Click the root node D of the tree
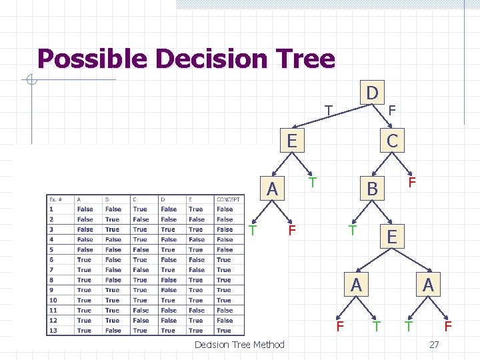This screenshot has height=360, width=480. tap(373, 91)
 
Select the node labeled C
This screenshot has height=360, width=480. tap(392, 140)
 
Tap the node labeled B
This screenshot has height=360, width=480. tap(372, 189)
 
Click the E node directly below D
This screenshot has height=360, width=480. tap(291, 141)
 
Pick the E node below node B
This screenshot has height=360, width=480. tap(392, 236)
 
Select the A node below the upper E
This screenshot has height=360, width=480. tap(272, 189)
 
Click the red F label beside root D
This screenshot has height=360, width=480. tap(392, 109)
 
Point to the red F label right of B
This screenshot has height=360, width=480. tap(412, 181)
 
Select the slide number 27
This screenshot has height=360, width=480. tap(434, 345)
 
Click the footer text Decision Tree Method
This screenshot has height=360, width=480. tap(239, 345)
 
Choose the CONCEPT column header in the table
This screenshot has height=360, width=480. tap(228, 199)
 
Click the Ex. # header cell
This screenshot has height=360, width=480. tap(56, 199)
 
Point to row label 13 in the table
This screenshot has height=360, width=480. tap(53, 330)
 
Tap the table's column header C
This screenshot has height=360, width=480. tap(135, 199)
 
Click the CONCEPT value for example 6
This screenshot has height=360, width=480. tap(224, 259)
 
